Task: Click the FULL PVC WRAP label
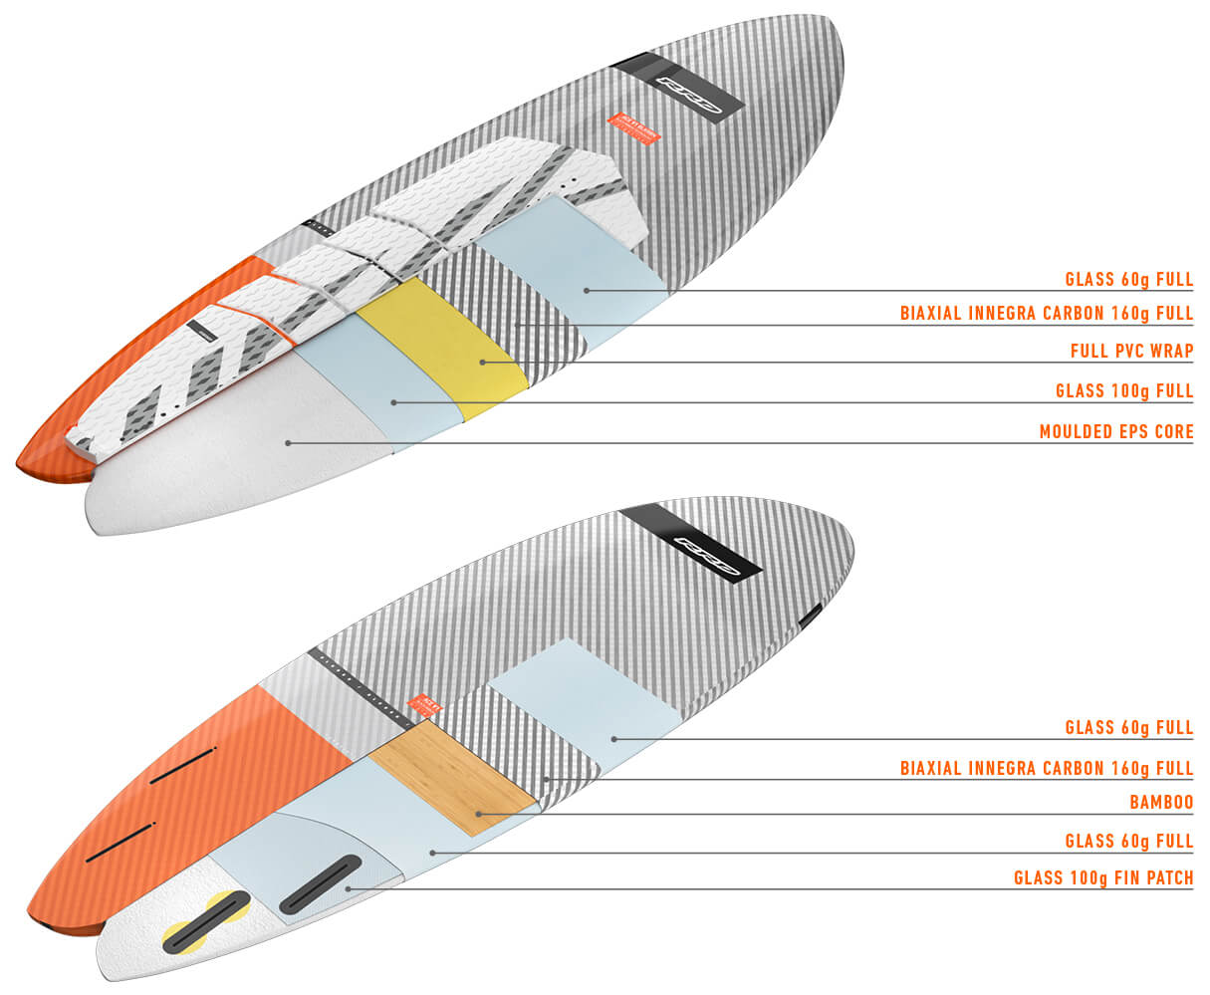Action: tap(1131, 351)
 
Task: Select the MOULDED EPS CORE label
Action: tap(1115, 431)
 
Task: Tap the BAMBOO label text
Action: tap(1161, 801)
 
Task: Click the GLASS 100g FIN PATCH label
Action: tap(1102, 877)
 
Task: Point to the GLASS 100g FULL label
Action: tap(1124, 391)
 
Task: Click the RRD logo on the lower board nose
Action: tap(709, 551)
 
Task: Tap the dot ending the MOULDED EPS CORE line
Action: tap(289, 442)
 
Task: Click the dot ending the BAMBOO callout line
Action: tap(479, 814)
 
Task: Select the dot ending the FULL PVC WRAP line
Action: tap(483, 362)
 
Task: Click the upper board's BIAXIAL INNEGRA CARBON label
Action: tap(1046, 313)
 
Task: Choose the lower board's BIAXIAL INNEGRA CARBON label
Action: tap(1046, 768)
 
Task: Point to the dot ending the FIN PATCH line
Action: tap(348, 887)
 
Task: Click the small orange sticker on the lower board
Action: tap(424, 703)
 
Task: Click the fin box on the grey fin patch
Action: tap(320, 883)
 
